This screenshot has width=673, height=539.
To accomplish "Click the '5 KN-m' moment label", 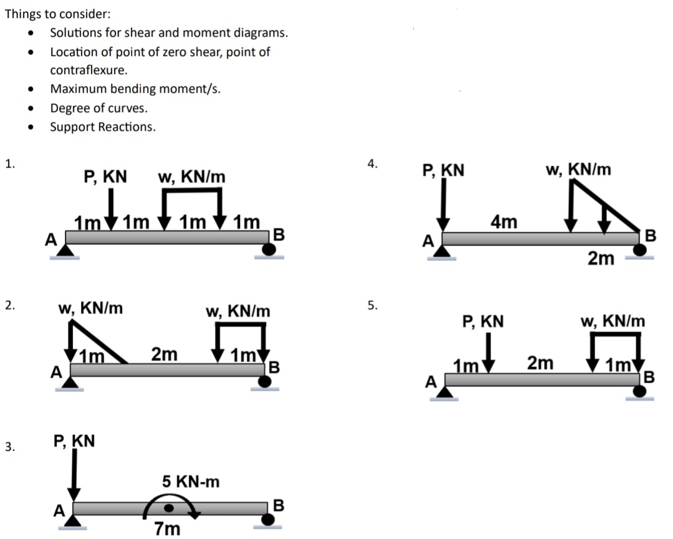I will (x=191, y=482).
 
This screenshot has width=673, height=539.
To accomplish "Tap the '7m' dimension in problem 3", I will (x=167, y=529).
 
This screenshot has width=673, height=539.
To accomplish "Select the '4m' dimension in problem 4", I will (x=504, y=222).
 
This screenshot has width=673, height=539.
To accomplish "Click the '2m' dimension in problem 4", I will (x=601, y=259).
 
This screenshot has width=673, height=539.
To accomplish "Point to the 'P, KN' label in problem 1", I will (x=105, y=177).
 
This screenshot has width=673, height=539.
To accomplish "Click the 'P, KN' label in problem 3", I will (x=74, y=441).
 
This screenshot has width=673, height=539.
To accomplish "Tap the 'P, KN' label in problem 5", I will (x=483, y=322).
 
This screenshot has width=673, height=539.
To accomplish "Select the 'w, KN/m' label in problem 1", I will (x=191, y=177).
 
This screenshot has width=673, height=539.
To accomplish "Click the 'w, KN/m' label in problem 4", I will (x=578, y=169).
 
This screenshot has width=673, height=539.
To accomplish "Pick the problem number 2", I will (x=7, y=305).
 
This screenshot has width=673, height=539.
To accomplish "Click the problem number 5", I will (x=372, y=305).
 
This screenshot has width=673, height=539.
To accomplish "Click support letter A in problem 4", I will (x=427, y=241).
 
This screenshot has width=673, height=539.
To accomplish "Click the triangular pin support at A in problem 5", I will (x=445, y=392).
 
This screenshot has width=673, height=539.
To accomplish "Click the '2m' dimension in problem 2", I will (x=165, y=355).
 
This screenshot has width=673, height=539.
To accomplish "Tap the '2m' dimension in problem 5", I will (x=540, y=363).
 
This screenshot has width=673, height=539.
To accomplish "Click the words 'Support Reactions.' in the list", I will (x=103, y=127).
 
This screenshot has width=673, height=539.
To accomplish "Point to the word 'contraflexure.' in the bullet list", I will (x=88, y=70).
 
